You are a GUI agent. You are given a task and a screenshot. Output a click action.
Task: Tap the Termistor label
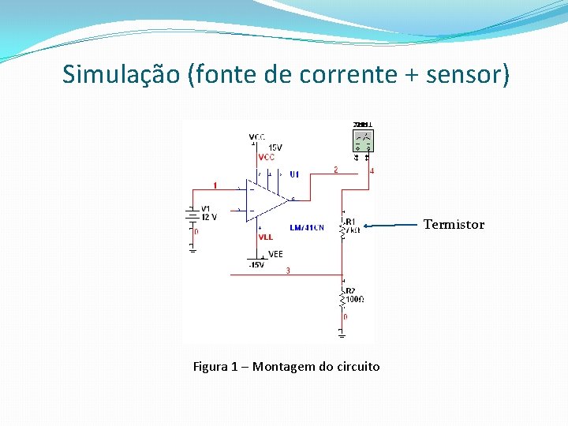(454, 225)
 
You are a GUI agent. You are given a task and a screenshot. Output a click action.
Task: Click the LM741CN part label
(306, 228)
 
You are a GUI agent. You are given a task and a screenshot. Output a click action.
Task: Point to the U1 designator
(294, 174)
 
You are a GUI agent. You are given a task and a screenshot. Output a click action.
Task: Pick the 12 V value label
(209, 217)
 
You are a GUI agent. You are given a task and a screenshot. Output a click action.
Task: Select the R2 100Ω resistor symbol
(343, 298)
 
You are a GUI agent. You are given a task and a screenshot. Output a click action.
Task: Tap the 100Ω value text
(355, 300)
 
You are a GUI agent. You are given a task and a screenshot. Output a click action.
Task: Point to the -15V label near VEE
(256, 265)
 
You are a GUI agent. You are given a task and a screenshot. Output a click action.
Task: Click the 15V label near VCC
(275, 148)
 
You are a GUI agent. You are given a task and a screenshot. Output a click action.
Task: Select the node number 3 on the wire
(288, 271)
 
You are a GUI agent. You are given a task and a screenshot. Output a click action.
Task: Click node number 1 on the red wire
(215, 185)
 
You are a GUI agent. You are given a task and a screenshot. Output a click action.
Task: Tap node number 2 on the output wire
(335, 170)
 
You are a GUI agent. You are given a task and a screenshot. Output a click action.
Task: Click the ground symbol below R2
(342, 332)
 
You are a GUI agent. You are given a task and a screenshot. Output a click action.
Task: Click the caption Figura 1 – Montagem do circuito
(286, 367)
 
